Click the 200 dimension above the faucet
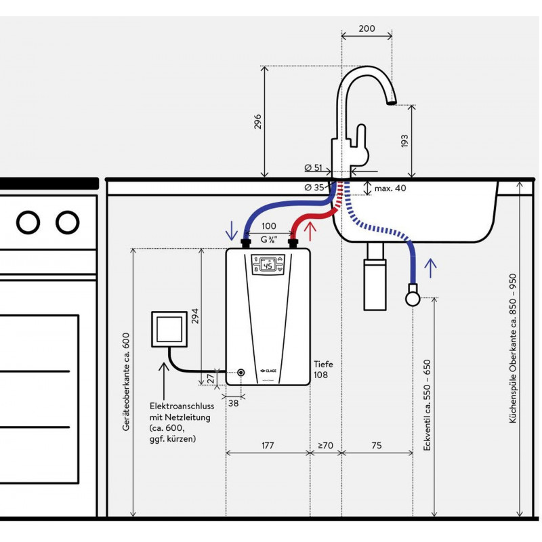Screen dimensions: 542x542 [367, 28]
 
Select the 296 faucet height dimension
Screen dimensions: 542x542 [258, 122]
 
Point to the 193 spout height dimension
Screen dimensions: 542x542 [404, 141]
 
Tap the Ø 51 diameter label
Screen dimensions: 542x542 [313, 168]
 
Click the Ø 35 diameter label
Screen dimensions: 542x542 [314, 188]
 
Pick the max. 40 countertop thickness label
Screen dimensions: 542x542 [390, 188]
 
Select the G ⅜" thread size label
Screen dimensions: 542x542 [269, 240]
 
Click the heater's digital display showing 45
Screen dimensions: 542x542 [268, 265]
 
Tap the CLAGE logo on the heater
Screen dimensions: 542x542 [268, 371]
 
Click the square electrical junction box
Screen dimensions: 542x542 [169, 329]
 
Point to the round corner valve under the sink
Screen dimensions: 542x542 [413, 298]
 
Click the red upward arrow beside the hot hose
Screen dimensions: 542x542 [310, 231]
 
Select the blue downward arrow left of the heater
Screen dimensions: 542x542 [231, 231]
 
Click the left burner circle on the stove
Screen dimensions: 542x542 [28, 222]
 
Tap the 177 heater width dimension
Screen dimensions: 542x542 [268, 445]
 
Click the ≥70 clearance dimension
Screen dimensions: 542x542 [325, 445]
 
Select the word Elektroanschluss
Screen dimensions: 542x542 [182, 406]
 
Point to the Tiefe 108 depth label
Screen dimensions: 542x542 [324, 369]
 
